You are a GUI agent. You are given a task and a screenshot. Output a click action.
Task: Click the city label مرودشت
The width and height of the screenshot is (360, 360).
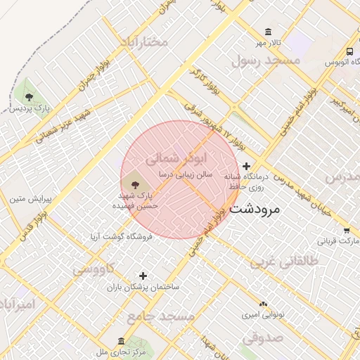tap(255, 209)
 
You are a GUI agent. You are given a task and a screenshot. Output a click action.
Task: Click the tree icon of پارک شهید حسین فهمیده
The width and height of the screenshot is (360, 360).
tap(136, 184)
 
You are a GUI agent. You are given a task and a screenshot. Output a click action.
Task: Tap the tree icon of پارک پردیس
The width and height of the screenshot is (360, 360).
tap(30, 98)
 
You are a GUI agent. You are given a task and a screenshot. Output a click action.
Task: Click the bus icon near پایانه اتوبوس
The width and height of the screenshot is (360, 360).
tap(349, 51)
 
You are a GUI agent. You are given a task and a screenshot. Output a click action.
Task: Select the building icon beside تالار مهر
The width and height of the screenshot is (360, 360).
tap(268, 32)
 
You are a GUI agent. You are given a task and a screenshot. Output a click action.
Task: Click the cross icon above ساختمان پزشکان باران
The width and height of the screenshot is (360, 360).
tap(143, 276)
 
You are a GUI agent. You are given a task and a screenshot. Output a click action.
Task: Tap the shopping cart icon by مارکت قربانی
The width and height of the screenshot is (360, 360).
tap(347, 230)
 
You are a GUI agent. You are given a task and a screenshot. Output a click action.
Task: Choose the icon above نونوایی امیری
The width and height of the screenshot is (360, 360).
tap(263, 303)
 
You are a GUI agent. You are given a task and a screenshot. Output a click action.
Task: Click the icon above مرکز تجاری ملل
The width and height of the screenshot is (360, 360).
tap(121, 340)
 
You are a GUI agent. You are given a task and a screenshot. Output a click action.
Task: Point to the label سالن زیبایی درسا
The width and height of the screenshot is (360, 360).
tap(185, 173)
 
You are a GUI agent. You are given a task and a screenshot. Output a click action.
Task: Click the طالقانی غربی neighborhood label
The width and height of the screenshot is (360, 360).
tap(284, 262)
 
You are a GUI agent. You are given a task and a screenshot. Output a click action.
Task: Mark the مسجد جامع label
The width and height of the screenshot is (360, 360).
tap(166, 317)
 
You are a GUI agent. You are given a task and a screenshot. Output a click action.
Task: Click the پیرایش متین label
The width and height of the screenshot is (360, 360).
tap(27, 199)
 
